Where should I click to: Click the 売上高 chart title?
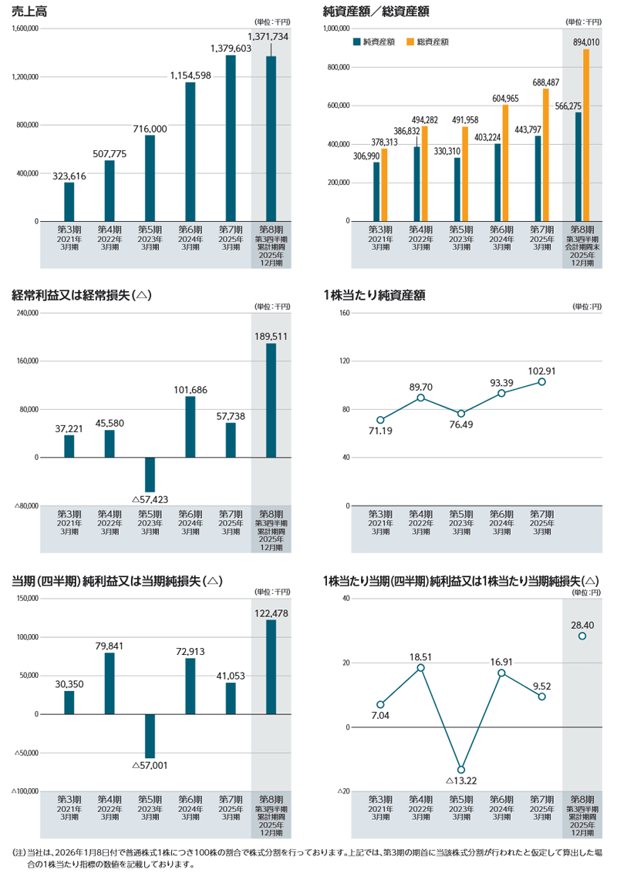coord(29,12)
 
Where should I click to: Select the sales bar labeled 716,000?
coord(150,178)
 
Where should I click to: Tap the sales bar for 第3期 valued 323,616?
coord(69,202)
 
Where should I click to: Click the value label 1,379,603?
coord(231,49)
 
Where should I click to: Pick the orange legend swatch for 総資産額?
coord(410,42)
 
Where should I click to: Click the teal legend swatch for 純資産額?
coord(356,42)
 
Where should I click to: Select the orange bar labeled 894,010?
coord(586,135)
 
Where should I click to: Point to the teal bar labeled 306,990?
coord(376,192)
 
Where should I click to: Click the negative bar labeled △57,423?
coord(150,475)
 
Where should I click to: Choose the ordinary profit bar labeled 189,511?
coord(271,401)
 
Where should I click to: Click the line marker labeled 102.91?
coord(542,382)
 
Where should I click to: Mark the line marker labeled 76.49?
coord(461,414)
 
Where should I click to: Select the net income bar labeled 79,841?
coord(110,683)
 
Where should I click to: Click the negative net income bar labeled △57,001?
coord(150,736)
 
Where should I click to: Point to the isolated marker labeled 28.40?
coord(582,636)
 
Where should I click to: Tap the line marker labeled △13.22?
coord(461,770)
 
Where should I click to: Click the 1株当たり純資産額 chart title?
coord(374,296)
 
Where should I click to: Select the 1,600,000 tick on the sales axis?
coord(25,28)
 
